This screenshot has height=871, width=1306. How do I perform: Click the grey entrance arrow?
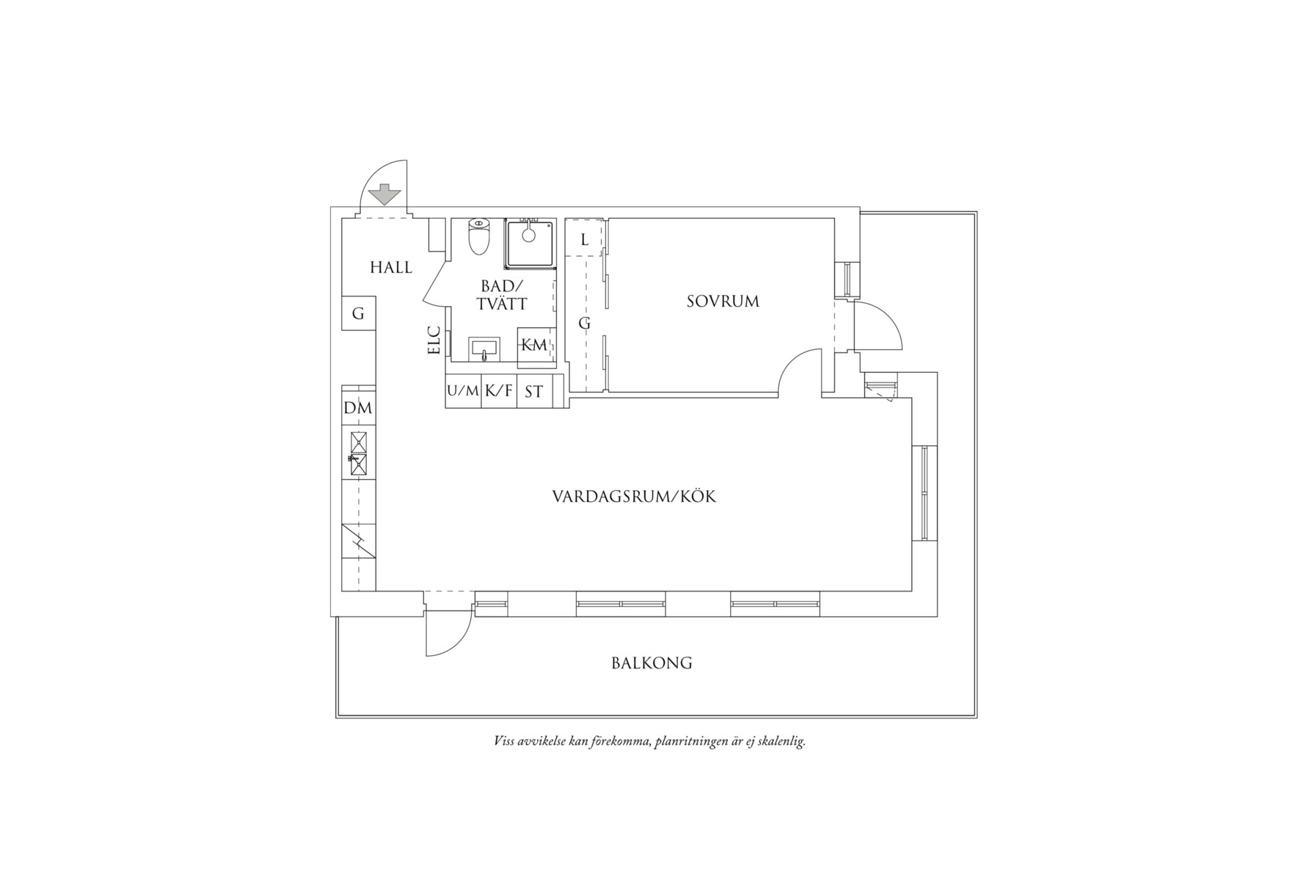pos(384,196)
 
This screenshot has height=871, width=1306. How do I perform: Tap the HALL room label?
pos(391,267)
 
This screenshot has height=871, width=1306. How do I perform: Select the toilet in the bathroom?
pos(479,236)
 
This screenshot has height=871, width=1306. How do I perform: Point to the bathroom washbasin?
pos(484,349)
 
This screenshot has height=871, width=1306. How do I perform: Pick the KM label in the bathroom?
pos(534,345)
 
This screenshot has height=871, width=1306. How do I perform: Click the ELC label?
pos(434,340)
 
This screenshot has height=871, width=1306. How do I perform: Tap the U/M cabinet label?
pos(463,391)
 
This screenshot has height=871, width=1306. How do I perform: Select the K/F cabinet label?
pos(499,391)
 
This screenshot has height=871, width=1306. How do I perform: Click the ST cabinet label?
pos(534,392)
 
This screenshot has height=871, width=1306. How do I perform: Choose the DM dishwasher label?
pos(358,409)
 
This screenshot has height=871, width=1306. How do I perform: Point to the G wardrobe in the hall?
pos(359,313)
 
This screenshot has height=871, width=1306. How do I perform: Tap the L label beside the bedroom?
pos(585,240)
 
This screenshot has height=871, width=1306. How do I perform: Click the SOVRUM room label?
pos(723,301)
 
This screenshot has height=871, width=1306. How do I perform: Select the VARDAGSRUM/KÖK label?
pos(634,497)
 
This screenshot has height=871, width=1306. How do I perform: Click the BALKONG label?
pos(652,663)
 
